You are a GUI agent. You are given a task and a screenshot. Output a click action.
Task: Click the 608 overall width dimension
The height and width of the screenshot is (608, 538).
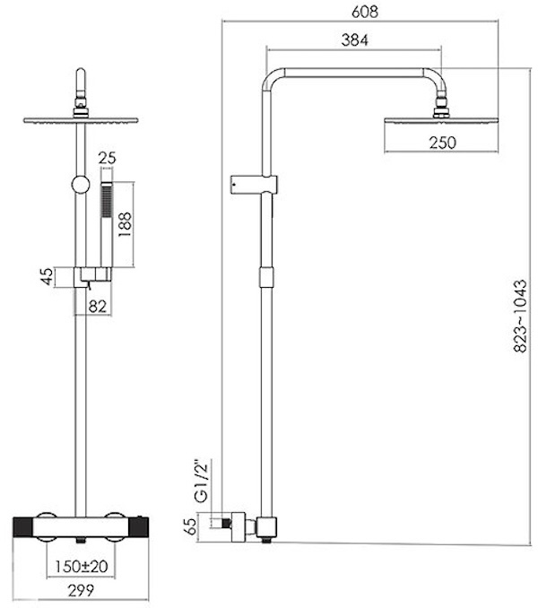[364, 12]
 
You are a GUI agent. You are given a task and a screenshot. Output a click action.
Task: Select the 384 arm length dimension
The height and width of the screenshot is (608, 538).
[355, 40]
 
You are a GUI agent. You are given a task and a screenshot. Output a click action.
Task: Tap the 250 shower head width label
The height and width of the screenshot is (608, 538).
[442, 143]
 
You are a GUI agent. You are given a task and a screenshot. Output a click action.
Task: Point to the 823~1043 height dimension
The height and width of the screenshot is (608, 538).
[521, 316]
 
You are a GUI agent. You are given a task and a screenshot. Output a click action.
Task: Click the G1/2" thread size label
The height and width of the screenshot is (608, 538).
[202, 482]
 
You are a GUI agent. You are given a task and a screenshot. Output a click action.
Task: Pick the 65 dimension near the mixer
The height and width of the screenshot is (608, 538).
[190, 526]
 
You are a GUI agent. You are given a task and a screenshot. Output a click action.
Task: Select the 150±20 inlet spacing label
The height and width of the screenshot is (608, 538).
[81, 567]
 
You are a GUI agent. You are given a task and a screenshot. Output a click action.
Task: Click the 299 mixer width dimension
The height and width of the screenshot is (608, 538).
[81, 591]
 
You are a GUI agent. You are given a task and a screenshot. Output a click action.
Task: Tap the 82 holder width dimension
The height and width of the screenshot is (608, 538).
[97, 307]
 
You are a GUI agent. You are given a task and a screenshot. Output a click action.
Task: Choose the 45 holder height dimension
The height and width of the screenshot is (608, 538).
[47, 276]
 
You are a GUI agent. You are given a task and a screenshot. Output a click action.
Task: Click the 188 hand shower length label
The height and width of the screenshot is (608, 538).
[125, 225]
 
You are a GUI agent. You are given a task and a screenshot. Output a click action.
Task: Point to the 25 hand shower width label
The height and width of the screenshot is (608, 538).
[107, 158]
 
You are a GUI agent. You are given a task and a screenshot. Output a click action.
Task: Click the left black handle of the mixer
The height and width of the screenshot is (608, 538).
[23, 527]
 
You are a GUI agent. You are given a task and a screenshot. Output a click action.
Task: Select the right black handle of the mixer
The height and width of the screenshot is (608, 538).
[139, 527]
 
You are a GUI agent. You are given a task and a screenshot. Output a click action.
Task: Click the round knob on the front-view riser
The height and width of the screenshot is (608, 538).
[81, 185]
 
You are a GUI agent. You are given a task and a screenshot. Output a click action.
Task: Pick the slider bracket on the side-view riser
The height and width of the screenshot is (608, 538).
[254, 185]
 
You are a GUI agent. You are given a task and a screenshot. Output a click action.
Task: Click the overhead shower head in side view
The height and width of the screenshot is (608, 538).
[441, 120]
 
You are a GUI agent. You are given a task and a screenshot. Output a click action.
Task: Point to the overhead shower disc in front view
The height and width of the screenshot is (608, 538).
[81, 120]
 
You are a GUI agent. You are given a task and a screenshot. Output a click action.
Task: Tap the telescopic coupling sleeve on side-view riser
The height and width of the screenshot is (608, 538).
[266, 277]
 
